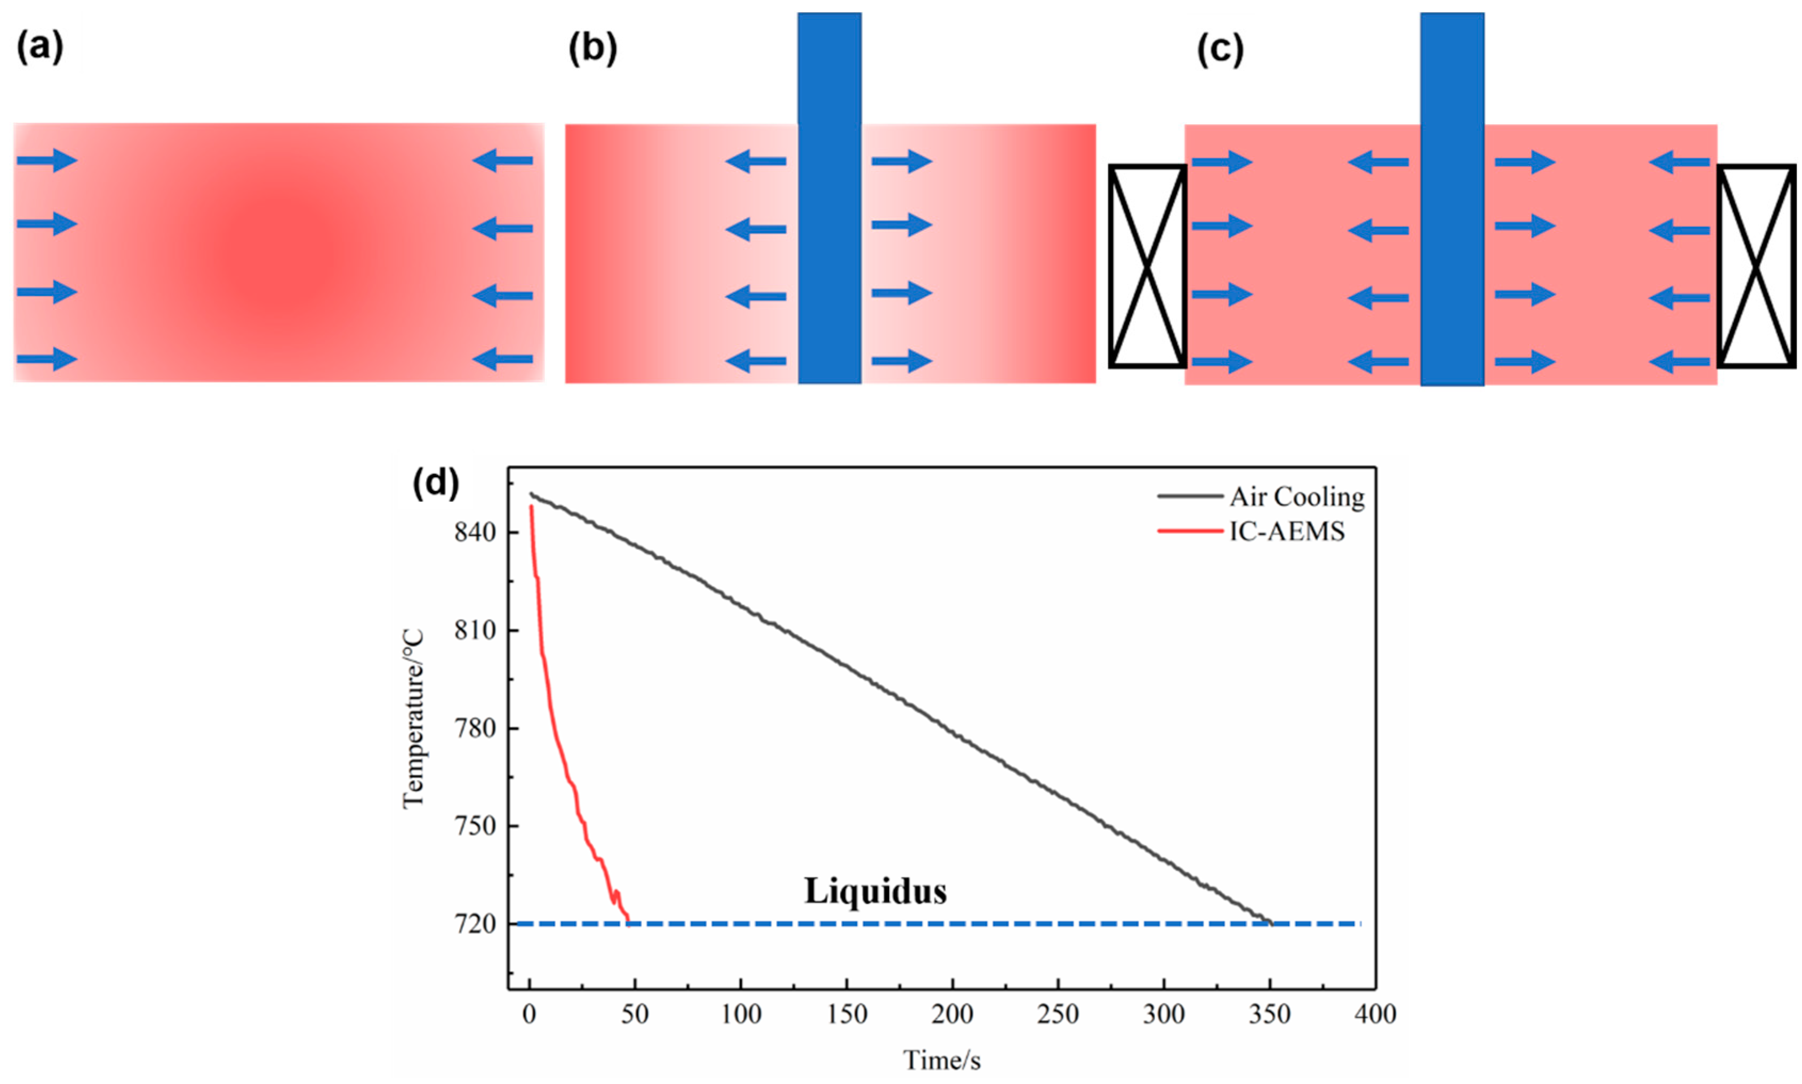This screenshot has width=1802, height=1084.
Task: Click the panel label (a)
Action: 40,48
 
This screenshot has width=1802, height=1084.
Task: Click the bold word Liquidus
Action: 875,891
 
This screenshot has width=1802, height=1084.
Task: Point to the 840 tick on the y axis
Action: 475,533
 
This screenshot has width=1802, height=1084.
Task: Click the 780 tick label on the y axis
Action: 475,728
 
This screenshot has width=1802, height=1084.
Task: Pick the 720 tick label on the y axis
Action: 475,925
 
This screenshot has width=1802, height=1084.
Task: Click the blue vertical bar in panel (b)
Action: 829,197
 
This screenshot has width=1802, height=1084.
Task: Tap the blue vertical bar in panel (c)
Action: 1452,197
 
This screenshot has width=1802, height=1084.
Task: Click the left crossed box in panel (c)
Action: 1147,266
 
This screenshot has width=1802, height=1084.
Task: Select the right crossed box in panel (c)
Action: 1755,266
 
